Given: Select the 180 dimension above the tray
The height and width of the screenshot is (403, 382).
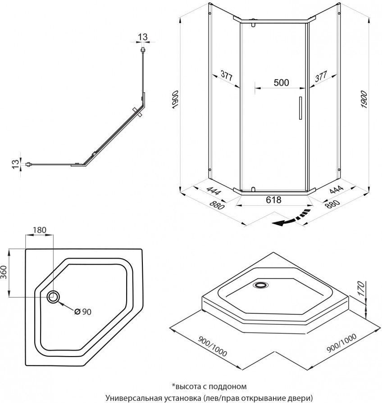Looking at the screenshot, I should tap(40, 230).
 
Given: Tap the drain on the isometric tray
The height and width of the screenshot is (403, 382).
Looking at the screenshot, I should tap(260, 285).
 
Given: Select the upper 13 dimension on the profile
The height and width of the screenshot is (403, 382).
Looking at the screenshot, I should tap(143, 37).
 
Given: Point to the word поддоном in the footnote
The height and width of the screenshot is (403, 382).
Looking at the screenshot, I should tap(228, 386).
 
